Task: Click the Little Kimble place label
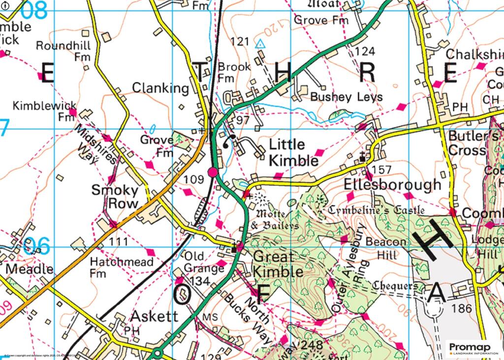point(294,153)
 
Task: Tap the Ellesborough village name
point(392,185)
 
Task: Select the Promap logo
point(473,348)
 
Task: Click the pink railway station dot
point(213,172)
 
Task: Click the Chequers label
point(395,286)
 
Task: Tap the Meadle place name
point(29,269)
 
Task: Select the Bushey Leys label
point(346,97)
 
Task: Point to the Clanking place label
point(161,88)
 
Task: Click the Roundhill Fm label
point(62,51)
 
